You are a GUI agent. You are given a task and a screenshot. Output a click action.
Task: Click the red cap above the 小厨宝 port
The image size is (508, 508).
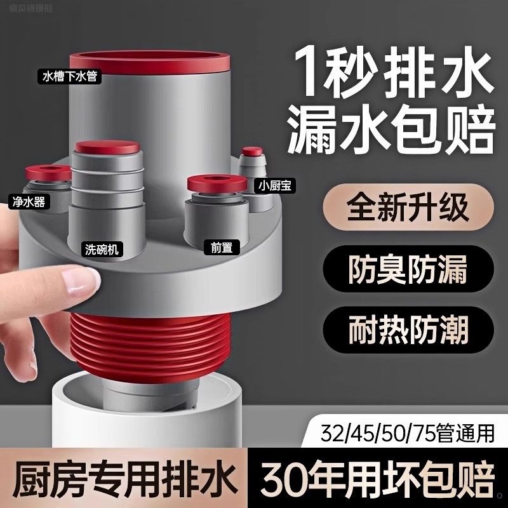tap(251, 153)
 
